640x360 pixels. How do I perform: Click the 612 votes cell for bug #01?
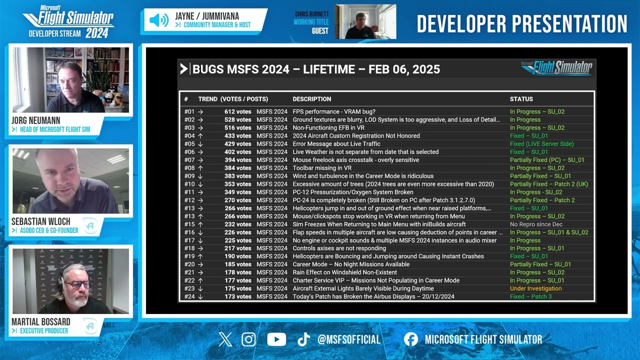(237, 111)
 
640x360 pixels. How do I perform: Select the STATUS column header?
(521, 99)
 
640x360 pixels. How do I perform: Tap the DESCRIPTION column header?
(311, 99)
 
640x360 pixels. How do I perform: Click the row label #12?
(189, 200)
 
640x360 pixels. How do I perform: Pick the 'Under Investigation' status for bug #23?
(535, 288)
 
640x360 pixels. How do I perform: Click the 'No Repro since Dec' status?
(536, 224)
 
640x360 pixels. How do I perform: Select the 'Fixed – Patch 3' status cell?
(530, 296)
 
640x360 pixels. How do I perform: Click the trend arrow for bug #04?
(200, 136)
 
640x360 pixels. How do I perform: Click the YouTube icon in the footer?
(276, 340)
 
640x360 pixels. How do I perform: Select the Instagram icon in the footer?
(248, 340)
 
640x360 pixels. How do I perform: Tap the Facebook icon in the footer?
(410, 340)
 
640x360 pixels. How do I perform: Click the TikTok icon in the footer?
(303, 340)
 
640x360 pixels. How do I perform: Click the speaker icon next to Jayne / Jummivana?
(159, 20)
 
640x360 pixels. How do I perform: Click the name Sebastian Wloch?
(41, 221)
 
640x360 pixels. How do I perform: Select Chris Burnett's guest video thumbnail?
(365, 21)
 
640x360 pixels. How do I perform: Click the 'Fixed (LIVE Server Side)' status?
(541, 144)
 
